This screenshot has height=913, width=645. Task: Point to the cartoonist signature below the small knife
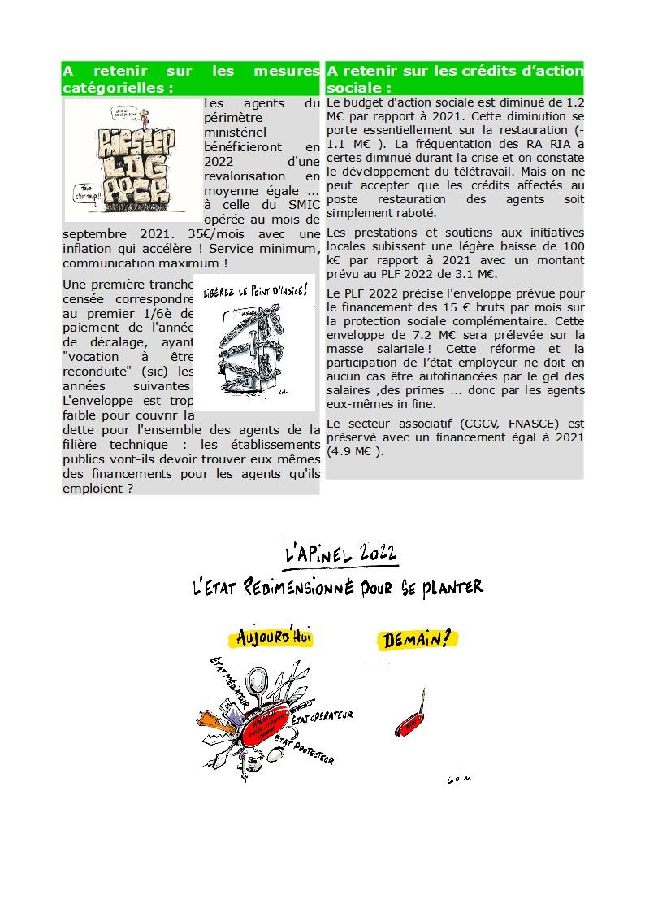(459, 780)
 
